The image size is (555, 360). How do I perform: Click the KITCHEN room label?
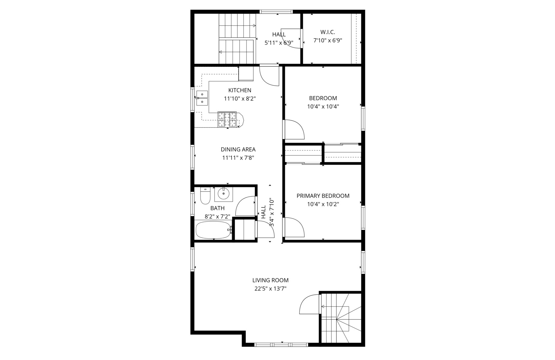click(x=240, y=90)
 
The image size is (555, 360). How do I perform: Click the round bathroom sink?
click(x=223, y=194)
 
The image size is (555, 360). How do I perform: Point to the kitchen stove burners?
click(x=227, y=120)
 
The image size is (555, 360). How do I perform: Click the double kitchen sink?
click(x=202, y=98)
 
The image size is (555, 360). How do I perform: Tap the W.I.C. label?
click(x=327, y=32)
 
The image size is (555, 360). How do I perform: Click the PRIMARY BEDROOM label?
click(x=323, y=196)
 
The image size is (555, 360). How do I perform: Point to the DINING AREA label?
click(x=238, y=150)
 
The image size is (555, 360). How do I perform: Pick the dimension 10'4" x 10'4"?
click(x=323, y=107)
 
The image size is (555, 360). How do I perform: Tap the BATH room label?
click(x=217, y=208)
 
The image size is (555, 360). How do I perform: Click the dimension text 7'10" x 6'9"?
click(x=327, y=41)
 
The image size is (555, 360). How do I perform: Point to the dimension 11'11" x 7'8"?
click(x=238, y=158)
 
